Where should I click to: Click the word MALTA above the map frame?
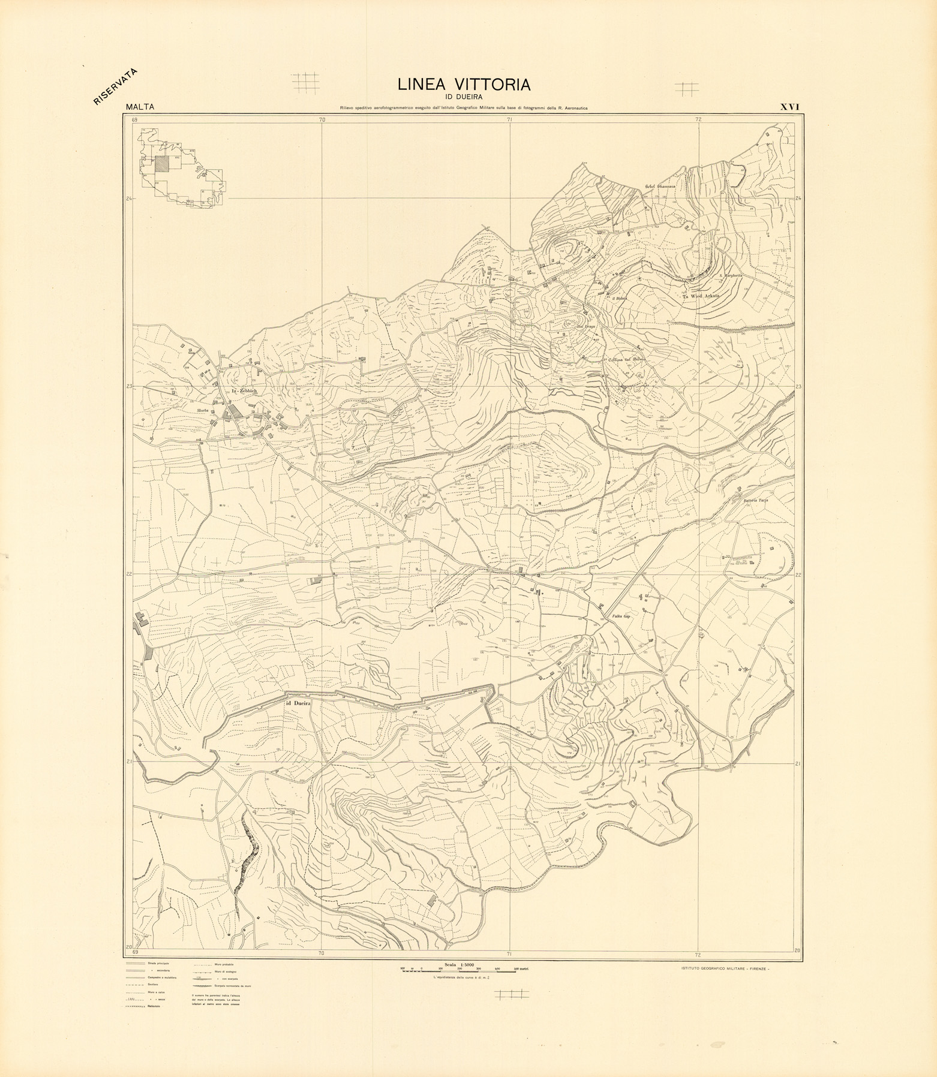click(x=140, y=107)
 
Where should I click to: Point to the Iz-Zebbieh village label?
click(x=244, y=392)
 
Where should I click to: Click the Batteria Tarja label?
click(x=756, y=500)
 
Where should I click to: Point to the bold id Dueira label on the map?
click(x=298, y=703)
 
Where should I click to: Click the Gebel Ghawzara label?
click(x=660, y=186)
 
